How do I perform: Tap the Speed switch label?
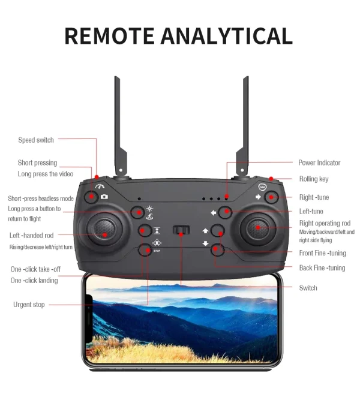coord(36,140)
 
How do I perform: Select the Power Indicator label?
coord(319,163)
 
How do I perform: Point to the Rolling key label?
coord(314,179)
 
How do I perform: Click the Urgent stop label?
coord(29,305)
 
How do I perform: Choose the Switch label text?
coord(308,288)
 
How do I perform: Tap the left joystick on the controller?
coord(104,228)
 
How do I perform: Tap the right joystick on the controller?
coord(257,228)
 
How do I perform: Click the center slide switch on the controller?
coord(181,230)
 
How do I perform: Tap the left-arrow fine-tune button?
coord(224,212)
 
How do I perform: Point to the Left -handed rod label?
coord(31,236)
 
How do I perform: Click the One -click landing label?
coord(34,281)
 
